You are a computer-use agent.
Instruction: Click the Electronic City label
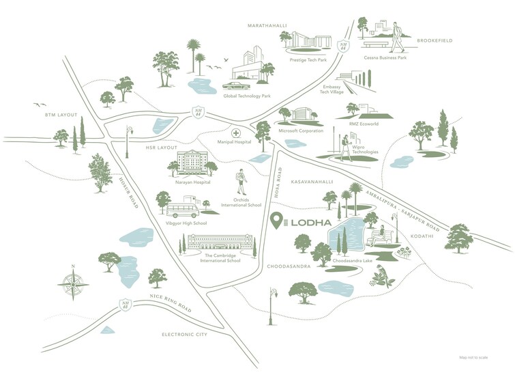(x=184, y=334)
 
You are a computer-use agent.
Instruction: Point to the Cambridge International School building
(x=218, y=242)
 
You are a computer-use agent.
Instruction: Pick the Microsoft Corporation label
(x=301, y=130)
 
